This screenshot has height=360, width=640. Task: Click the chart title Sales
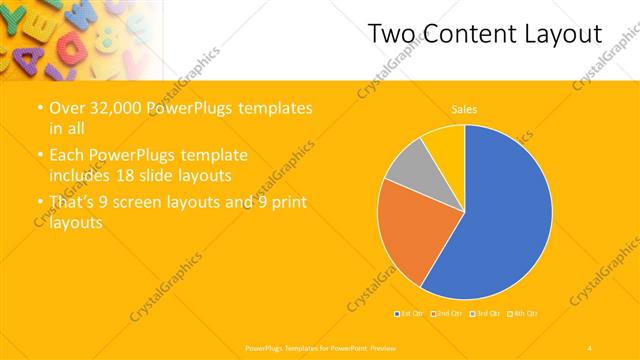click(x=464, y=108)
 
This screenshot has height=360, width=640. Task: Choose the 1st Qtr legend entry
click(x=411, y=314)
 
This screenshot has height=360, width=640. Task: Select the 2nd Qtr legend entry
click(x=449, y=314)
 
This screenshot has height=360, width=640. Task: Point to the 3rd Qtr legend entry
click(x=487, y=314)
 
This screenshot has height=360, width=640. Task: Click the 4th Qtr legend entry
click(x=525, y=314)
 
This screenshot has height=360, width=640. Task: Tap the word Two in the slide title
click(x=388, y=34)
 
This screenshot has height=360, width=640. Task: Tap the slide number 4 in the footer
click(x=590, y=347)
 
